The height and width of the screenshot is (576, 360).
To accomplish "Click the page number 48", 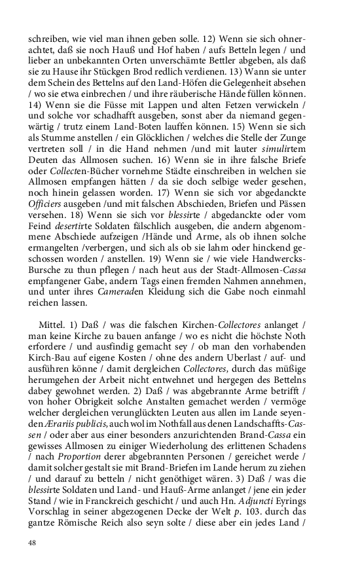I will pyautogui.click(x=32, y=543).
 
